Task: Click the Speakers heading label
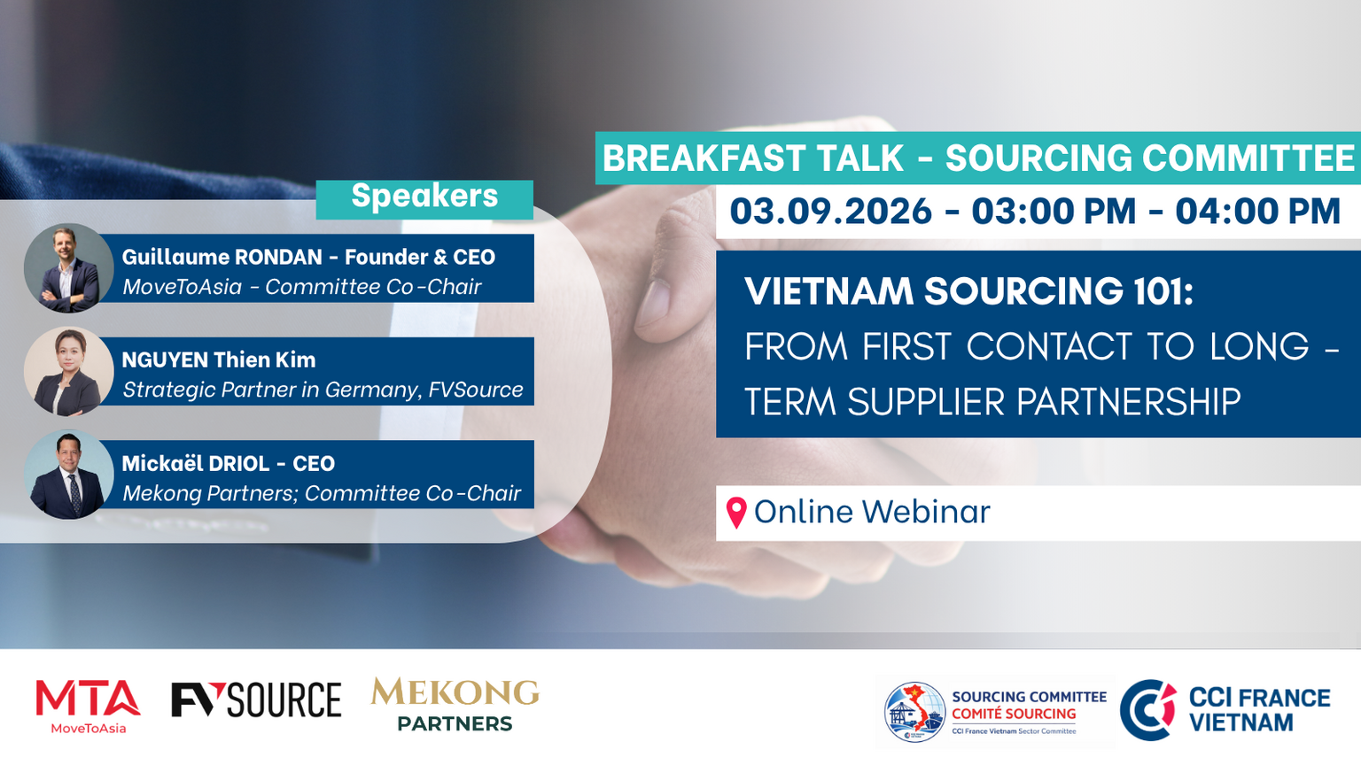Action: pos(424,196)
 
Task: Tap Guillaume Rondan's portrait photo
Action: pos(68,268)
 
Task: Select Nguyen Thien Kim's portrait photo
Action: pos(68,372)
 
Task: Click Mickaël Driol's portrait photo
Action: pos(68,475)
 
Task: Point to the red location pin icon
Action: pos(736,513)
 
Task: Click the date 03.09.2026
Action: pos(830,212)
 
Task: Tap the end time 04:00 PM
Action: pos(1257,212)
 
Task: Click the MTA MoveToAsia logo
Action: pos(88,707)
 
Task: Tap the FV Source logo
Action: pos(256,699)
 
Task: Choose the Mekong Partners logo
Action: pos(455,704)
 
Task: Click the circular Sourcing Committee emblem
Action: pos(914,712)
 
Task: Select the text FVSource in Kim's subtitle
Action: pos(476,390)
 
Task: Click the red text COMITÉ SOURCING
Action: pos(1014,714)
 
